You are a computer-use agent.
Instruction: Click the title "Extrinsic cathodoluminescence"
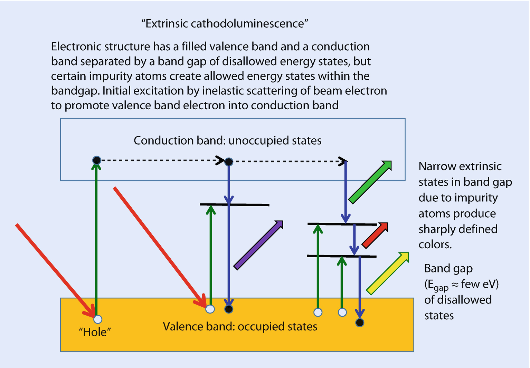[x=225, y=23]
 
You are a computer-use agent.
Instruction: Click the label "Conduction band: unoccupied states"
[x=227, y=140]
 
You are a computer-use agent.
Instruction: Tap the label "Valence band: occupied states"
[x=240, y=326]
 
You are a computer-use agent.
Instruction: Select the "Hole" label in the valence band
[x=95, y=332]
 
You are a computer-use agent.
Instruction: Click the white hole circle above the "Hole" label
[x=98, y=319]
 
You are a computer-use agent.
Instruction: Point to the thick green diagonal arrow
[x=370, y=182]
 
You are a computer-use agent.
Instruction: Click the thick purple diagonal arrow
[x=258, y=245]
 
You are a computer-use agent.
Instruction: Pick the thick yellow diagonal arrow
[x=387, y=273]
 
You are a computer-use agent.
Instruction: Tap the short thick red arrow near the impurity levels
[x=375, y=236]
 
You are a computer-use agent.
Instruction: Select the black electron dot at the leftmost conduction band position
[x=97, y=160]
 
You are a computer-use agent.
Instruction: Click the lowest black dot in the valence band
[x=360, y=322]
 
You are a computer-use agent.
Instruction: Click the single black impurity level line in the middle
[x=234, y=205]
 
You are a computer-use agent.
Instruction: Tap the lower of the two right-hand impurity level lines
[x=341, y=256]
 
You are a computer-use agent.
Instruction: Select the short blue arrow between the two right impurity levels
[x=353, y=240]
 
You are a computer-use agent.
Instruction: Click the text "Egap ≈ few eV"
[x=461, y=284]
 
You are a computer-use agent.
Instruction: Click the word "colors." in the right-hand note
[x=435, y=245]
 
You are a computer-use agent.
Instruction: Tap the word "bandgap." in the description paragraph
[x=75, y=90]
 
